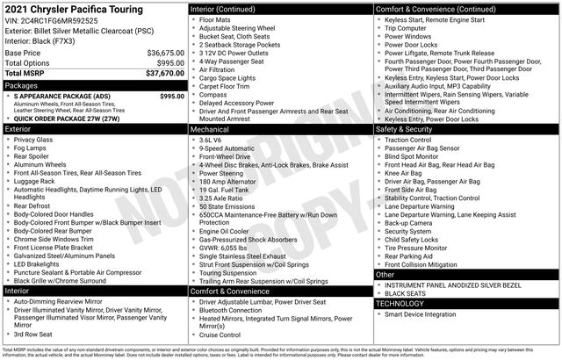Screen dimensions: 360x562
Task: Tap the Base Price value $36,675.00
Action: (164, 53)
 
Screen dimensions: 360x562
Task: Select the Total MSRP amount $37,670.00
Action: (164, 73)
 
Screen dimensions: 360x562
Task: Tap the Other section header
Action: (385, 274)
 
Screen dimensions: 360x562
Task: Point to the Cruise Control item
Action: (220, 335)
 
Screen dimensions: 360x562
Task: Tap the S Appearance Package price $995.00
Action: (172, 96)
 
